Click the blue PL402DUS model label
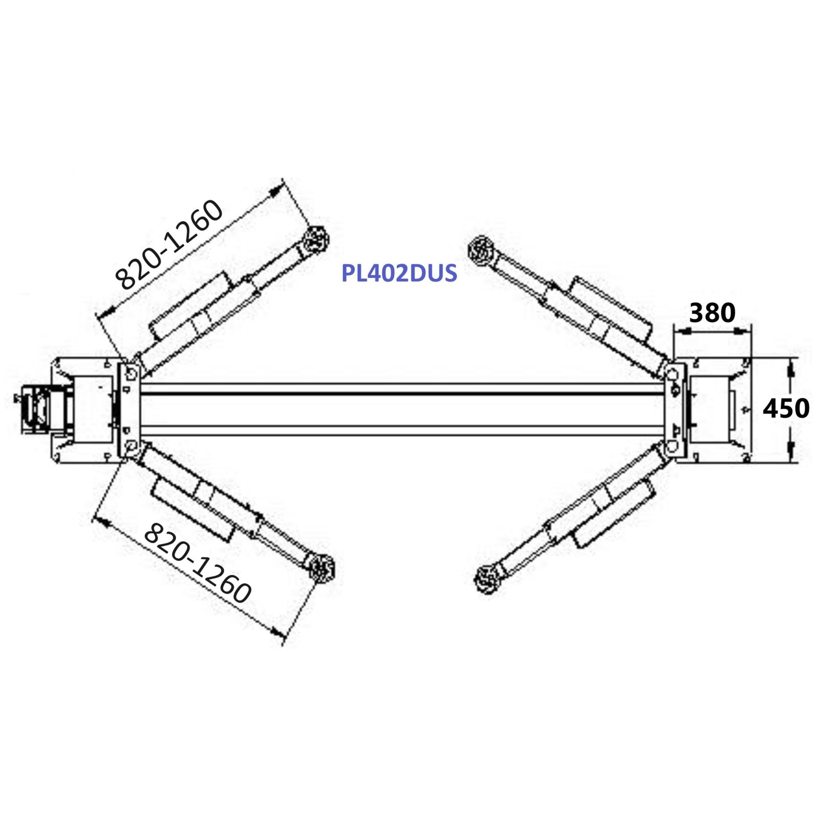[399, 273]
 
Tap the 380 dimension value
[712, 312]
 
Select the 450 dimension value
[786, 408]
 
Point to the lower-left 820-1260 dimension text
[197, 563]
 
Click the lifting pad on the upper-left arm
[316, 239]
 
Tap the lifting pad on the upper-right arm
[480, 250]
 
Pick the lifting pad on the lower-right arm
[487, 579]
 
